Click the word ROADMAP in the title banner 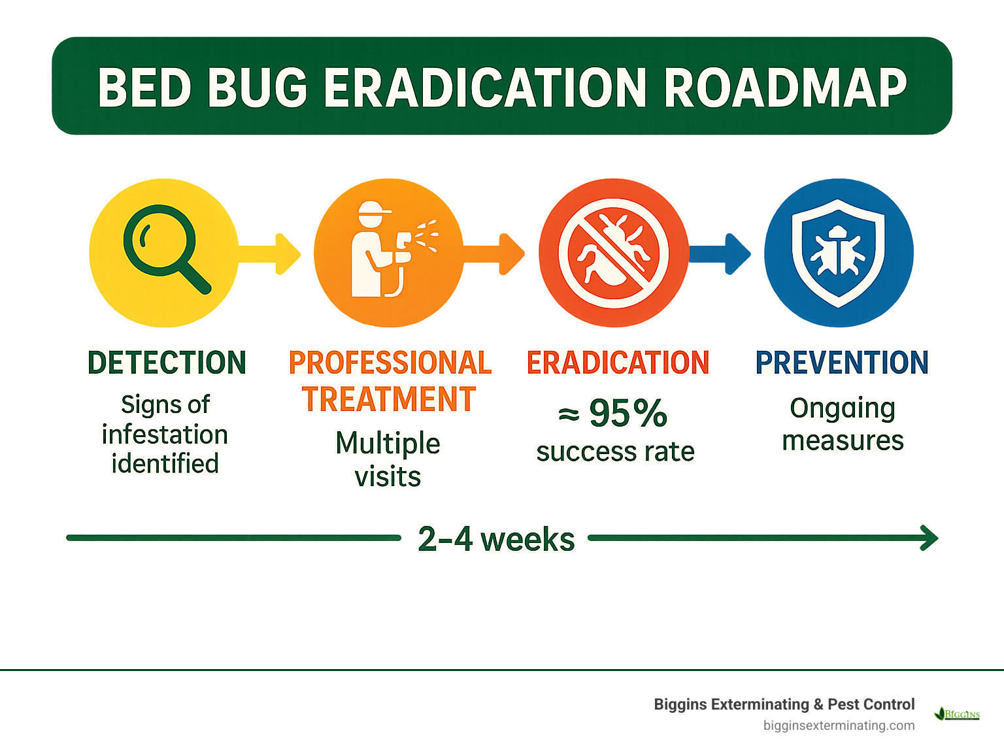pos(785,88)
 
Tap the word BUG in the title pos(259,88)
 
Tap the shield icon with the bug pos(838,252)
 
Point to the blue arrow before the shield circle pos(722,254)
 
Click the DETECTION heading pos(167,363)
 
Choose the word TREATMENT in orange pos(389,399)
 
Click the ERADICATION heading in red pos(618,363)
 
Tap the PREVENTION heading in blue pos(842,363)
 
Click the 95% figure pos(627,413)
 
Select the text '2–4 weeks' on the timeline pos(495,539)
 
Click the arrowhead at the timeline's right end pos(929,538)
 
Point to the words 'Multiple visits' pos(388,459)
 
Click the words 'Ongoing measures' pos(843,424)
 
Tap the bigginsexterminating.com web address pos(839,725)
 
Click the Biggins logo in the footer pos(958,713)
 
